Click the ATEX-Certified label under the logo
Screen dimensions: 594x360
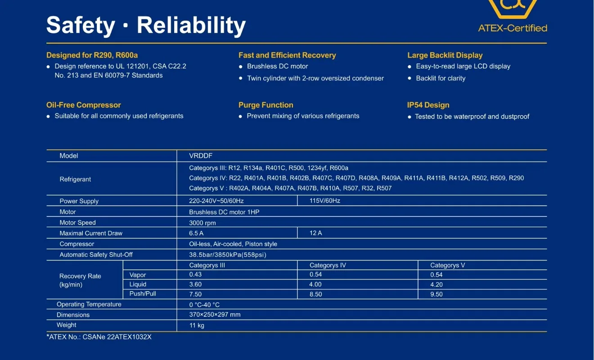click(x=512, y=28)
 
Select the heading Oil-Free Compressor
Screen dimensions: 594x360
click(x=84, y=105)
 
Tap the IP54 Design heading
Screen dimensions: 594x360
click(x=428, y=105)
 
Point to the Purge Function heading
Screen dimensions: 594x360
click(x=265, y=105)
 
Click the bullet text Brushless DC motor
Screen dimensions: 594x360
click(x=277, y=66)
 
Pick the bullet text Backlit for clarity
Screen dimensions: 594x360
click(x=441, y=78)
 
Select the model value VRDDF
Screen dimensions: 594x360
click(x=201, y=156)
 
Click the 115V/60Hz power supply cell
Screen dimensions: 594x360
click(x=324, y=201)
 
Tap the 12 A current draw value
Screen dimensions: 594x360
click(x=315, y=233)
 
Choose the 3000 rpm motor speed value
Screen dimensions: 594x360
click(x=202, y=223)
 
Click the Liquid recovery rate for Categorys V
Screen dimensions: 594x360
click(x=436, y=284)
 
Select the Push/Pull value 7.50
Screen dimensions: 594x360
click(x=195, y=294)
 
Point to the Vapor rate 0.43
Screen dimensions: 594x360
click(x=195, y=274)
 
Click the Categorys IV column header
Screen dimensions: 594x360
click(x=328, y=265)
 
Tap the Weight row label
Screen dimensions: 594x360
click(x=66, y=325)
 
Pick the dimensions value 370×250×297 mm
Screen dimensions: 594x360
click(x=215, y=315)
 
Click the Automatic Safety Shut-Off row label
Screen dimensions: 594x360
click(x=96, y=255)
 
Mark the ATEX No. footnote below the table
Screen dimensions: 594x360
click(x=99, y=337)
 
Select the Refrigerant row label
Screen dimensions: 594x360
click(x=75, y=179)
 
